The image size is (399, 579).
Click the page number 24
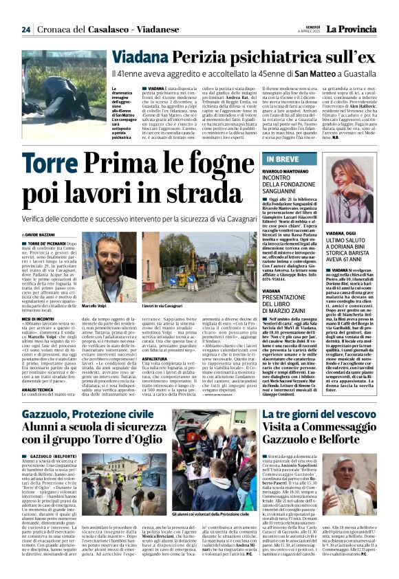pos(25,29)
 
